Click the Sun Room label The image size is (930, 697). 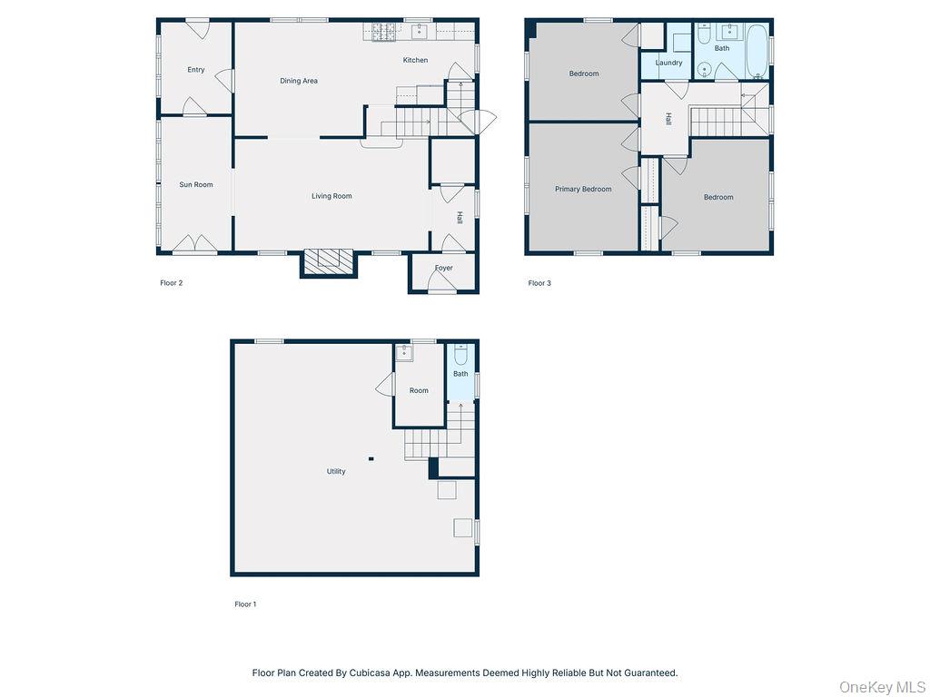click(196, 185)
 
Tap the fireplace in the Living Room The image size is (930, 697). click(329, 262)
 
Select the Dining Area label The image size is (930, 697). click(299, 82)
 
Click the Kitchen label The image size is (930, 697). click(415, 61)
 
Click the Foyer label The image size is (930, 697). click(443, 269)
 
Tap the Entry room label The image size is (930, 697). click(196, 70)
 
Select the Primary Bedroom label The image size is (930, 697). click(583, 190)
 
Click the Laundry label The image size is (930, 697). click(668, 64)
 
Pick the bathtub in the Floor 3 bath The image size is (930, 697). click(756, 50)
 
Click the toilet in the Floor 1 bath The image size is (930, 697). click(460, 354)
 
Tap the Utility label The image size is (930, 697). click(336, 472)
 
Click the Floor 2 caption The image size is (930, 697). click(172, 283)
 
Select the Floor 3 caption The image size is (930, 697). click(539, 283)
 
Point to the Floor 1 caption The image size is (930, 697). click(245, 604)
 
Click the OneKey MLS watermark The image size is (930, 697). click(881, 686)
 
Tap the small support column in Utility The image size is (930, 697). click(371, 458)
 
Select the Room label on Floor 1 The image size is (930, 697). click(419, 391)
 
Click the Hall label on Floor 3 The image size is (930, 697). click(668, 119)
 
